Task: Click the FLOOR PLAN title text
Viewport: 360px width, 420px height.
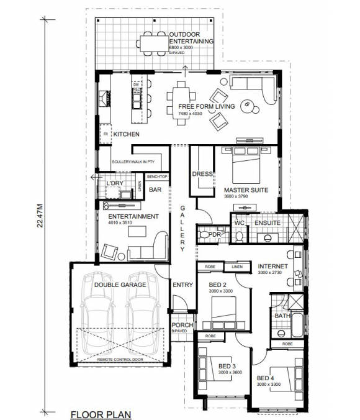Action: point(100,413)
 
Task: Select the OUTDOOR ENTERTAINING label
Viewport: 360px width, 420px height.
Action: point(192,38)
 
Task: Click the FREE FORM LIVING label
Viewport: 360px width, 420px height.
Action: point(202,106)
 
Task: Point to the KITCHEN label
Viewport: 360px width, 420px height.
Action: point(126,134)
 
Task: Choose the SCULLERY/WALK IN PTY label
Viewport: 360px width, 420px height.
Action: point(133,163)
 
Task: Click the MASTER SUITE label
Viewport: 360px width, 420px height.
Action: point(246,190)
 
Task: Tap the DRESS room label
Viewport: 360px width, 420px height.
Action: point(202,174)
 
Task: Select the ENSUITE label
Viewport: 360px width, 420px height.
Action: point(268,222)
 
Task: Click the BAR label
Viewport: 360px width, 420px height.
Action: point(156,190)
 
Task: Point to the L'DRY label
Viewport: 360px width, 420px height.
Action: point(115,184)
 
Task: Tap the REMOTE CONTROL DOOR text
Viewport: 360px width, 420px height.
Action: point(119,360)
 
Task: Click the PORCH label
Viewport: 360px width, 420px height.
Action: point(182,326)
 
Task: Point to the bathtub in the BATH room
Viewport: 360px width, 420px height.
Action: point(296,326)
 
